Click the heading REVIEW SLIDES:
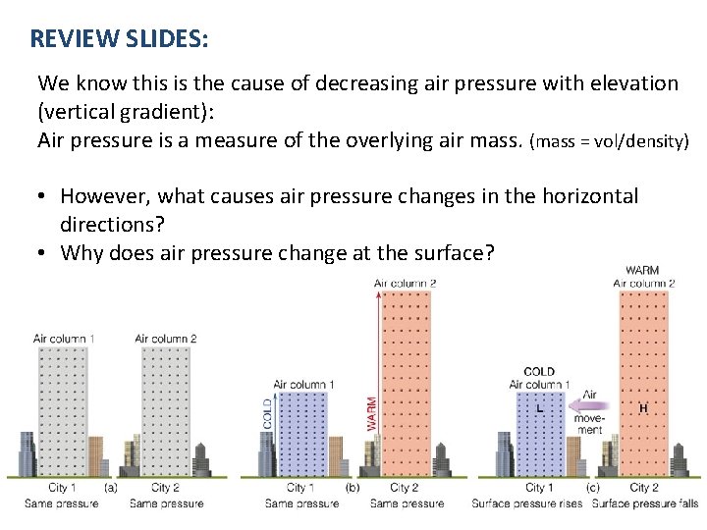click(119, 39)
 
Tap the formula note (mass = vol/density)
click(609, 141)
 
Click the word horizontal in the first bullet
click(585, 196)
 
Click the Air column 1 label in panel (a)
click(64, 339)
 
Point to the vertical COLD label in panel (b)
click(267, 412)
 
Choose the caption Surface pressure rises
click(528, 503)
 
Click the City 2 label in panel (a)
click(166, 488)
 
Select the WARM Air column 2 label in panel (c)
click(643, 277)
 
